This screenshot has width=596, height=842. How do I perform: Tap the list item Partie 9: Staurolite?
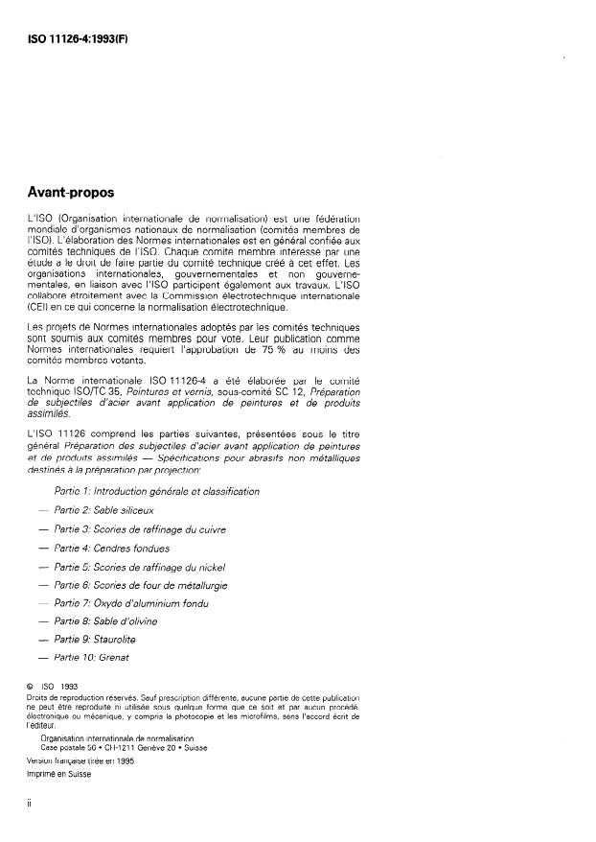[101, 640]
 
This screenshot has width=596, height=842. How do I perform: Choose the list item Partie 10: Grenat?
[98, 658]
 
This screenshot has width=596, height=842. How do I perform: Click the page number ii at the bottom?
[31, 806]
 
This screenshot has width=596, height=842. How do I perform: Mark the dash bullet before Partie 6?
[42, 585]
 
